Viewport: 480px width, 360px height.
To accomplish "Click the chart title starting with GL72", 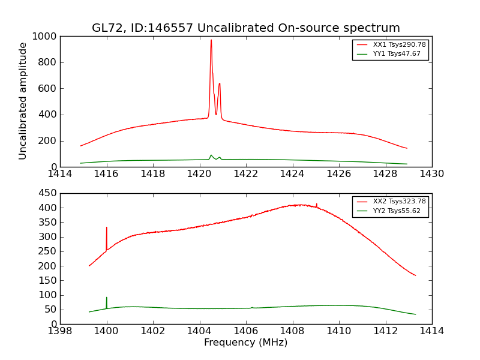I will coord(245,28).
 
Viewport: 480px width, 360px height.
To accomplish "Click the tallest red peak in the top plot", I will coord(211,41).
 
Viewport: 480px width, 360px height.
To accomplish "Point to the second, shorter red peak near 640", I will coord(220,84).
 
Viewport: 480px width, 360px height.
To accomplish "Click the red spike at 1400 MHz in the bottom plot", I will coord(107,229).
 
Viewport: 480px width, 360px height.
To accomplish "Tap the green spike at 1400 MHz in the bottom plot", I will coord(107,298).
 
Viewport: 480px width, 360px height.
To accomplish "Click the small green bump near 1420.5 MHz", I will coord(211,155).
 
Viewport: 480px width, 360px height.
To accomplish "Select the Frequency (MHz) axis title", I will coord(245,343).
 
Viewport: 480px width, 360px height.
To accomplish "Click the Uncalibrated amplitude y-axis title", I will coord(23,101).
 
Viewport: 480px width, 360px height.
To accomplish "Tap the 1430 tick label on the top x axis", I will coord(431,173).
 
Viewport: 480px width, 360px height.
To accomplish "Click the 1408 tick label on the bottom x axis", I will coord(292,331).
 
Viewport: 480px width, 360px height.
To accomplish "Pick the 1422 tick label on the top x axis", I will coord(245,173).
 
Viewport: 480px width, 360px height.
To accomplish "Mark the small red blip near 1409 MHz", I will coord(316,205).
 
